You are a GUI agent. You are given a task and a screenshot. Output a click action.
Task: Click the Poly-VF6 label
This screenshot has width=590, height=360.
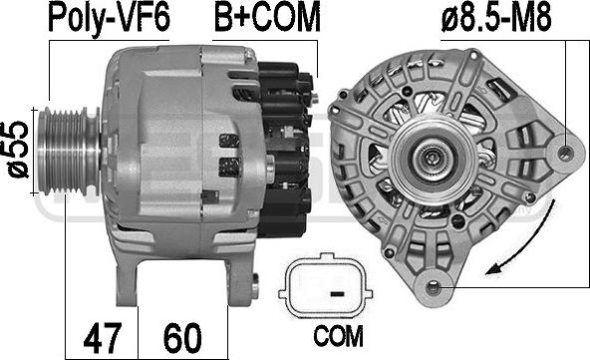point(109,18)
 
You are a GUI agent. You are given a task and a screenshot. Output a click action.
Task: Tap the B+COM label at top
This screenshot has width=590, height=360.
point(267,17)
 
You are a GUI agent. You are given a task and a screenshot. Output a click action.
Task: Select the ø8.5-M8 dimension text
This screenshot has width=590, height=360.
point(496,17)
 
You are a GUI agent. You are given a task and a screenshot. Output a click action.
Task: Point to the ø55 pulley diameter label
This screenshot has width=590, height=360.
point(18,150)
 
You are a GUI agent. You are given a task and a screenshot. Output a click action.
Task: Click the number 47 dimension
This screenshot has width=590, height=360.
point(103,337)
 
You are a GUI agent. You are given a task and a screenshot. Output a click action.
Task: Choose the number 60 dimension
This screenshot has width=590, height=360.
point(182,337)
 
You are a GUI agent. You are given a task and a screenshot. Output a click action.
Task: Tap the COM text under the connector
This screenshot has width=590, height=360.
point(338,336)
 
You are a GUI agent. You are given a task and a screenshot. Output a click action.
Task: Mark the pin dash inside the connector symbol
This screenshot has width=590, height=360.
point(338,293)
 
